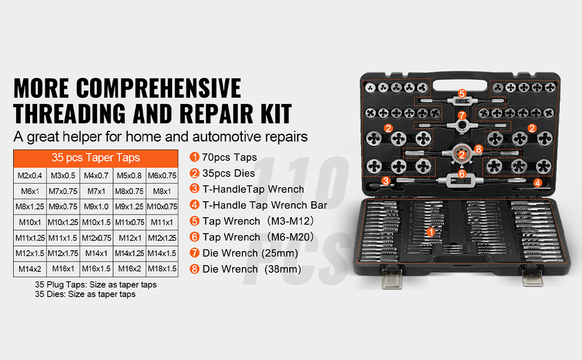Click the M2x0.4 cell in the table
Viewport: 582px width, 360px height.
pos(30,176)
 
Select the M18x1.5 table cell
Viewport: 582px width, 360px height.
pos(162,269)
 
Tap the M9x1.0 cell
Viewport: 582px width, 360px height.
pos(96,207)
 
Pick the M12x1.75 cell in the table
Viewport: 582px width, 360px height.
pos(63,253)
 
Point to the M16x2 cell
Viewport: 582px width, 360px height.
pos(130,269)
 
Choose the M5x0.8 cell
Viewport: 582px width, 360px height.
pos(130,176)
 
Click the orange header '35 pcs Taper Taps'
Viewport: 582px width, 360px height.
pos(96,158)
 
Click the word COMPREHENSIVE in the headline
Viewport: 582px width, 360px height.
pos(158,88)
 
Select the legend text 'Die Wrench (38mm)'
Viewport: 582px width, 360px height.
pos(251,269)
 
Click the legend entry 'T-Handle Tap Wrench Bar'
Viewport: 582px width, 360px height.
pos(265,205)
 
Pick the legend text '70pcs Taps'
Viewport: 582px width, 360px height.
pos(229,157)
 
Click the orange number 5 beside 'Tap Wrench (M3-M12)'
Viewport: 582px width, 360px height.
pos(194,221)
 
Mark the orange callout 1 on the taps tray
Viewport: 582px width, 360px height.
pos(431,232)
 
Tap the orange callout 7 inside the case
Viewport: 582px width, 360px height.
pos(462,115)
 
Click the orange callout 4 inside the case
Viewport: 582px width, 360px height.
pos(538,182)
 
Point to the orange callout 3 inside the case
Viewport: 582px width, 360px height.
pos(386,181)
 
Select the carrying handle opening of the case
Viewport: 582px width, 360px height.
pos(460,85)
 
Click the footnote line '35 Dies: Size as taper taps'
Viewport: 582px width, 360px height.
pos(85,295)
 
